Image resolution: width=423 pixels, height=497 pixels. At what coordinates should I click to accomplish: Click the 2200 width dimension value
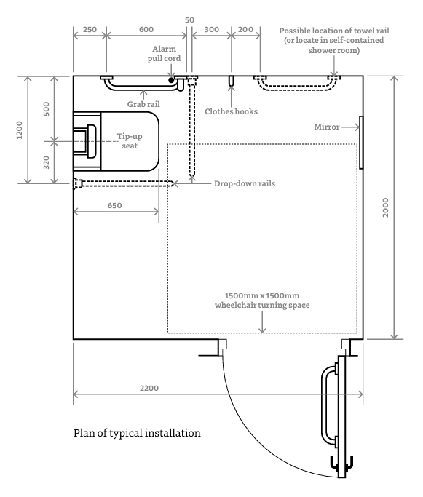click(149, 388)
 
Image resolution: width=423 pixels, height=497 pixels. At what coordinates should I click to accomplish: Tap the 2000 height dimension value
click(385, 207)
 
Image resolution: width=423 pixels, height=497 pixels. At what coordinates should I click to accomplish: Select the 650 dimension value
click(114, 205)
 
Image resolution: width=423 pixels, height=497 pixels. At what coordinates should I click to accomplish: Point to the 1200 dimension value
click(20, 130)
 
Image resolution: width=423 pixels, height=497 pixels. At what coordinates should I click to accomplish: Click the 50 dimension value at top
click(189, 20)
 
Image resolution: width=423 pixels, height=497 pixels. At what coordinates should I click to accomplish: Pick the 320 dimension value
click(47, 162)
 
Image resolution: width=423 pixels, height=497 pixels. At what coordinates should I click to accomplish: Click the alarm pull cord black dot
click(171, 80)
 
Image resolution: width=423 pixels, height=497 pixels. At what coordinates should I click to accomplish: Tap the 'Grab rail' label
click(143, 104)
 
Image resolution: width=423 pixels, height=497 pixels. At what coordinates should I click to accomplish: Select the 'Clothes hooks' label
click(232, 111)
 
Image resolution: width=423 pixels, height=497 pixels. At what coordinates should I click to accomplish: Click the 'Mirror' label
click(327, 127)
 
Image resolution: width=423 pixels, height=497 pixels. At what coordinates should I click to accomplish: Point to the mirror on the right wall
click(361, 143)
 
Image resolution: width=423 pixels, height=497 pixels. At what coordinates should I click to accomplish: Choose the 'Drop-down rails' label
click(245, 183)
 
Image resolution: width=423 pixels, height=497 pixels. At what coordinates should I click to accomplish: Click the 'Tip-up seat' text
click(130, 141)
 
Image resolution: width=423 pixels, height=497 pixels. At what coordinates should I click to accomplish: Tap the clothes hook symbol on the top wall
click(232, 81)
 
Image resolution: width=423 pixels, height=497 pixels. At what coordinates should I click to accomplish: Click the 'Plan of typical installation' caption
click(137, 433)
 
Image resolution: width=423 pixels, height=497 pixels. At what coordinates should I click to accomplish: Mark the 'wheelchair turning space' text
click(262, 305)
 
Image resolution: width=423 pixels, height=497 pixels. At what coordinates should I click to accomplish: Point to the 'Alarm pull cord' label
click(164, 54)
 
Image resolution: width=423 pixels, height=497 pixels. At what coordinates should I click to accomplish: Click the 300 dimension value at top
click(211, 30)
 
